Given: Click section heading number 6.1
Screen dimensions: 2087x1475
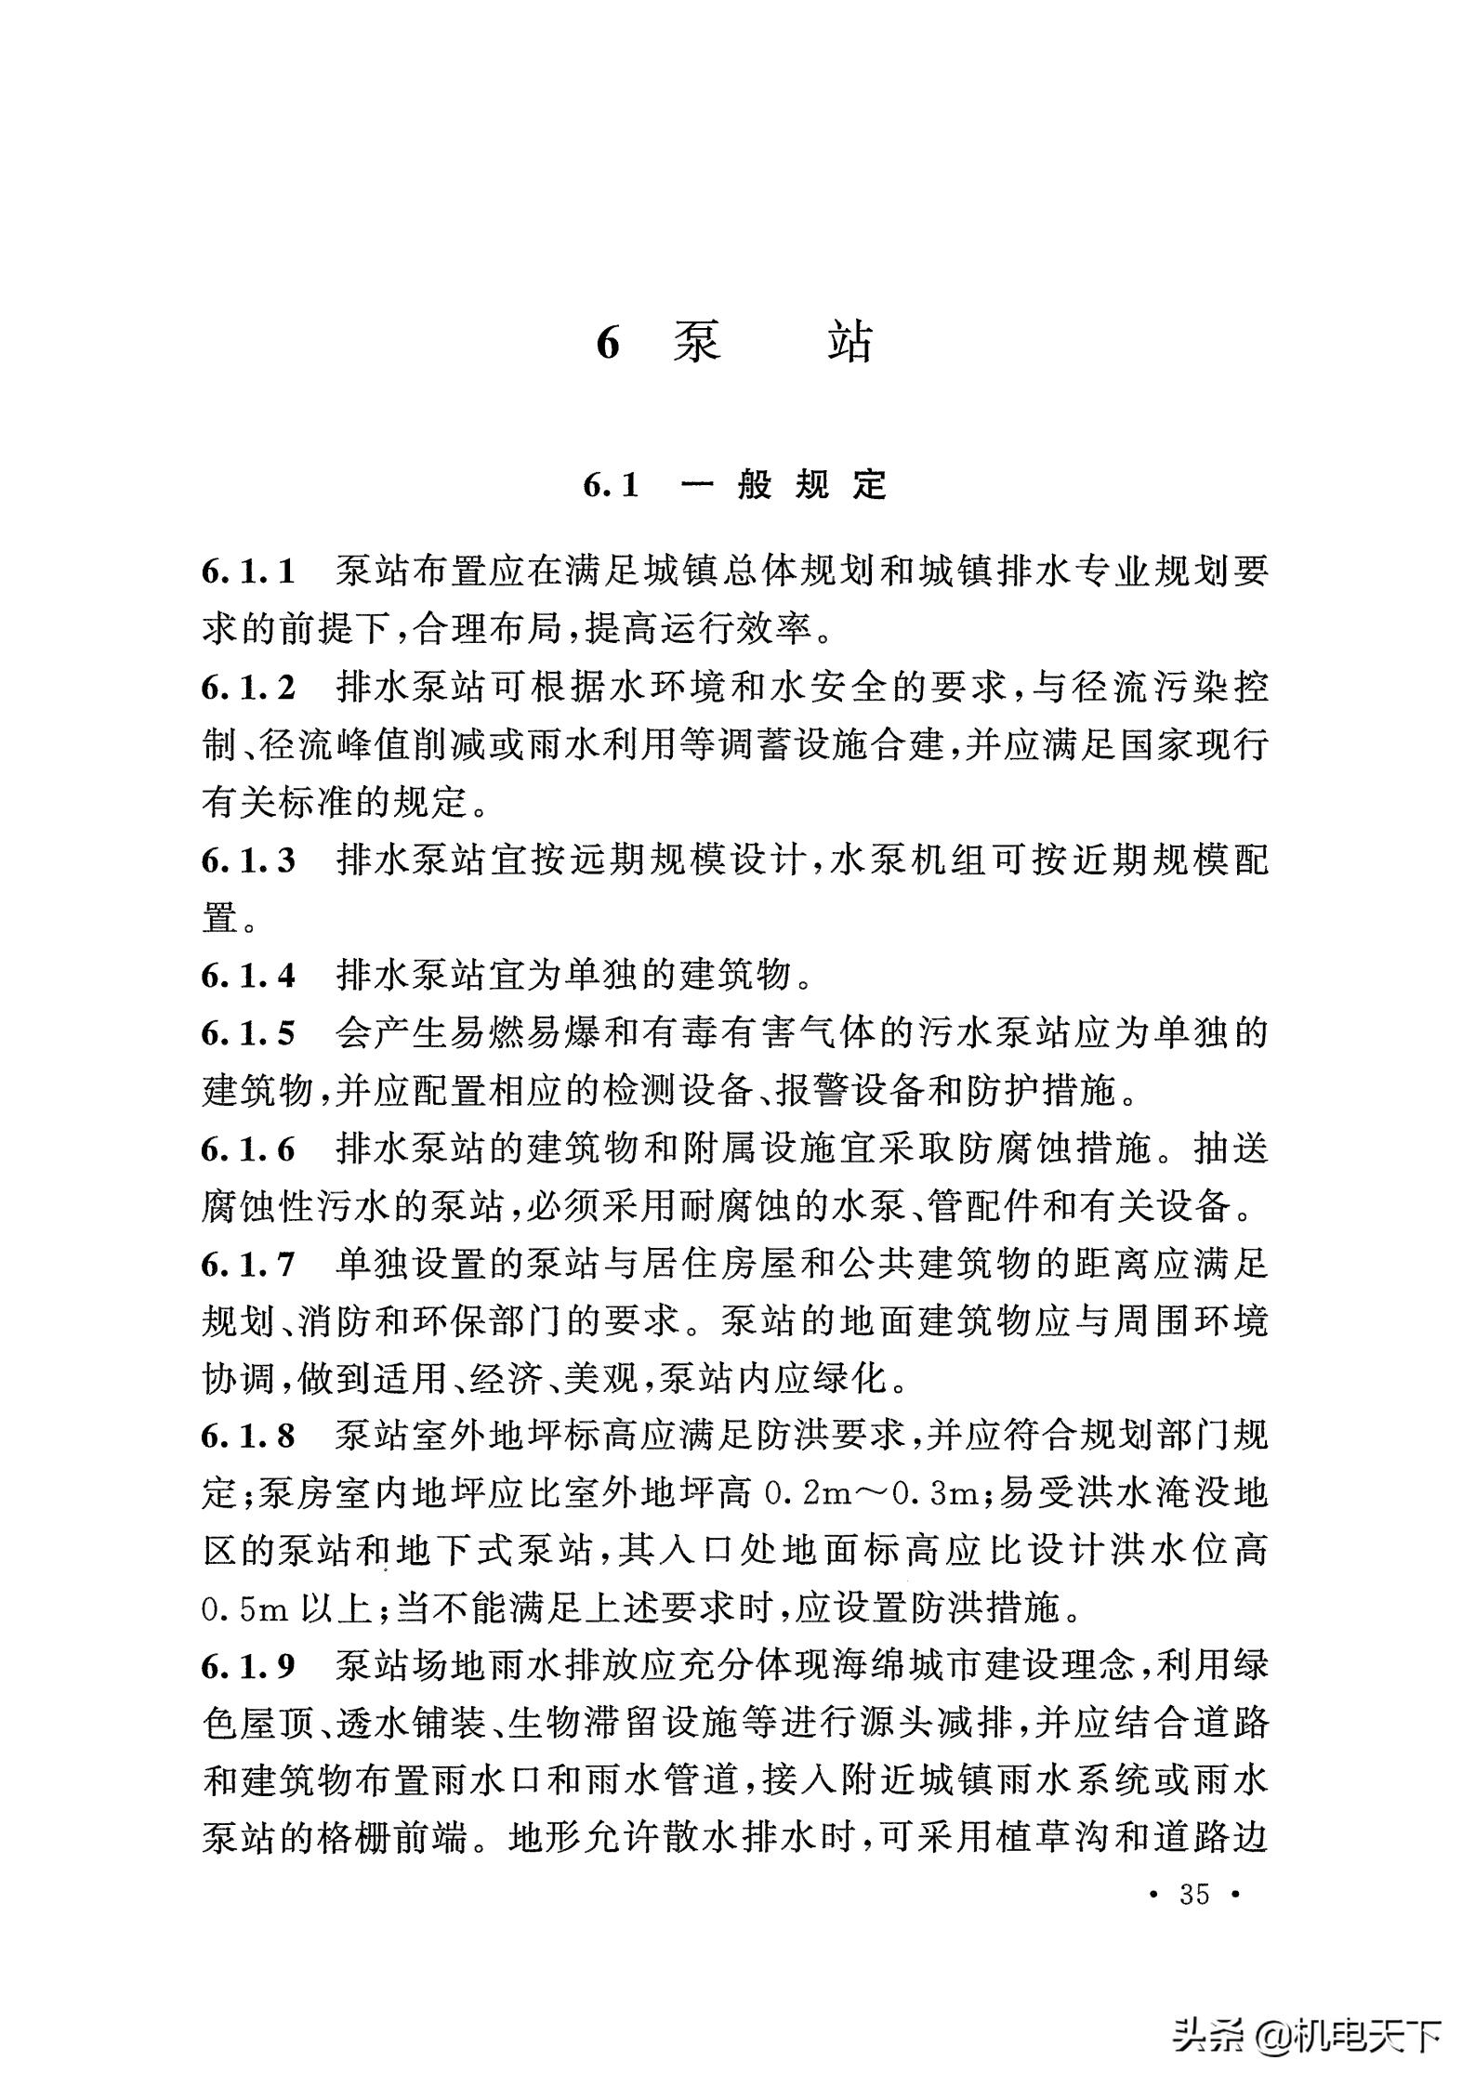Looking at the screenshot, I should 612,485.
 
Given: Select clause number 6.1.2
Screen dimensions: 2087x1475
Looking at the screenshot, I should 248,689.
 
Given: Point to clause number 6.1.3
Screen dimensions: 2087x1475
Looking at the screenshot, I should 248,860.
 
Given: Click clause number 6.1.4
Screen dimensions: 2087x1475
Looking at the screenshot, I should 248,976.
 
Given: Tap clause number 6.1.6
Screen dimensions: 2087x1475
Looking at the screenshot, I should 248,1150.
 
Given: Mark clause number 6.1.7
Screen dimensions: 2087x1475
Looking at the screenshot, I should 248,1265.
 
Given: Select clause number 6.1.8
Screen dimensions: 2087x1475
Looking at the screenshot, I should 248,1437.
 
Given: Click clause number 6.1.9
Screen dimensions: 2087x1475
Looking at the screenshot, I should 248,1666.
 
